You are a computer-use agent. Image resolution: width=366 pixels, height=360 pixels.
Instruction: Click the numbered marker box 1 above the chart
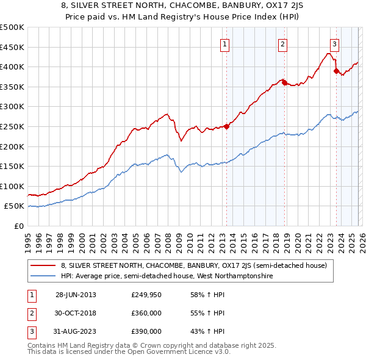tap(225, 44)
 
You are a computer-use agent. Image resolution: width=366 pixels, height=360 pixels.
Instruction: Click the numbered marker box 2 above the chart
tap(283, 44)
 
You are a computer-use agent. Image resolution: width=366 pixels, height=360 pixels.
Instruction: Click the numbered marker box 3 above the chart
tap(335, 44)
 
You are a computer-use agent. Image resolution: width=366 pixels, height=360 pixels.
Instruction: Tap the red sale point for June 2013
tap(226, 127)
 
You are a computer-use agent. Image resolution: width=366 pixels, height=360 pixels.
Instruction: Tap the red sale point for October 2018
tap(284, 82)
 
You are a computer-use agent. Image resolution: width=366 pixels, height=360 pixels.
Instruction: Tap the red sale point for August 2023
tap(336, 71)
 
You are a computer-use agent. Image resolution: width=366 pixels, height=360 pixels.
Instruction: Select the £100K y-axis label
tap(12, 186)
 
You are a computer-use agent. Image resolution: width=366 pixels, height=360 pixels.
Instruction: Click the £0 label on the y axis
tap(19, 226)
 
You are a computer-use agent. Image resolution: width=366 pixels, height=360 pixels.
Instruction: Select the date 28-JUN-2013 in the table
tap(76, 295)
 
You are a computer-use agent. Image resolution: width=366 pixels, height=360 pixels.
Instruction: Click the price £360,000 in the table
tap(146, 313)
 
